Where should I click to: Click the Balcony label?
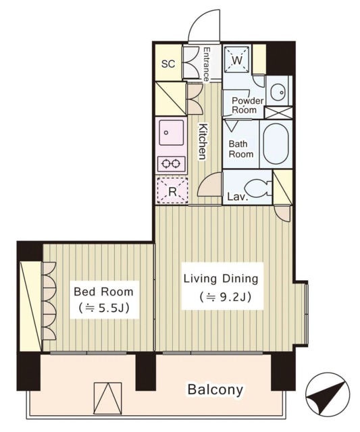[x=215, y=390]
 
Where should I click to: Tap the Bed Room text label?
[x=103, y=292]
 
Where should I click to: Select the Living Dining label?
[x=221, y=279]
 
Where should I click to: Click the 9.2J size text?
[x=226, y=297]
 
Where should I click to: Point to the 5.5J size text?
[x=104, y=308]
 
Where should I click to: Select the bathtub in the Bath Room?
[x=276, y=144]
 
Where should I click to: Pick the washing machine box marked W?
[x=237, y=60]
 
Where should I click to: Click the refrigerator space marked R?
[x=172, y=191]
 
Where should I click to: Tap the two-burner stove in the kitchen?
[x=171, y=164]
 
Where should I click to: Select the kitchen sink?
[x=171, y=132]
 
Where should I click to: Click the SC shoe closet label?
[x=168, y=64]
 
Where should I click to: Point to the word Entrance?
[x=206, y=64]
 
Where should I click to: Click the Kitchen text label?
[x=203, y=142]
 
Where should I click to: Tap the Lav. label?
[x=238, y=196]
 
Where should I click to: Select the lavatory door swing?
[x=210, y=184]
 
